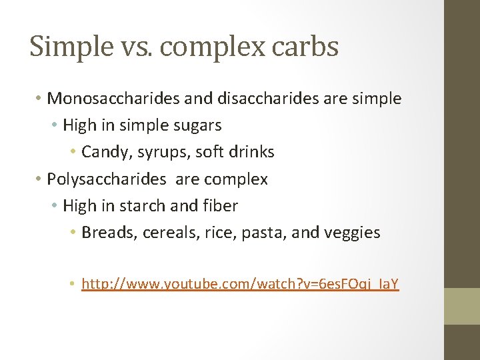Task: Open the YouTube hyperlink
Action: (x=240, y=285)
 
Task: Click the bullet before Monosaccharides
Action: (x=39, y=99)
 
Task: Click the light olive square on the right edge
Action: (x=462, y=306)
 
